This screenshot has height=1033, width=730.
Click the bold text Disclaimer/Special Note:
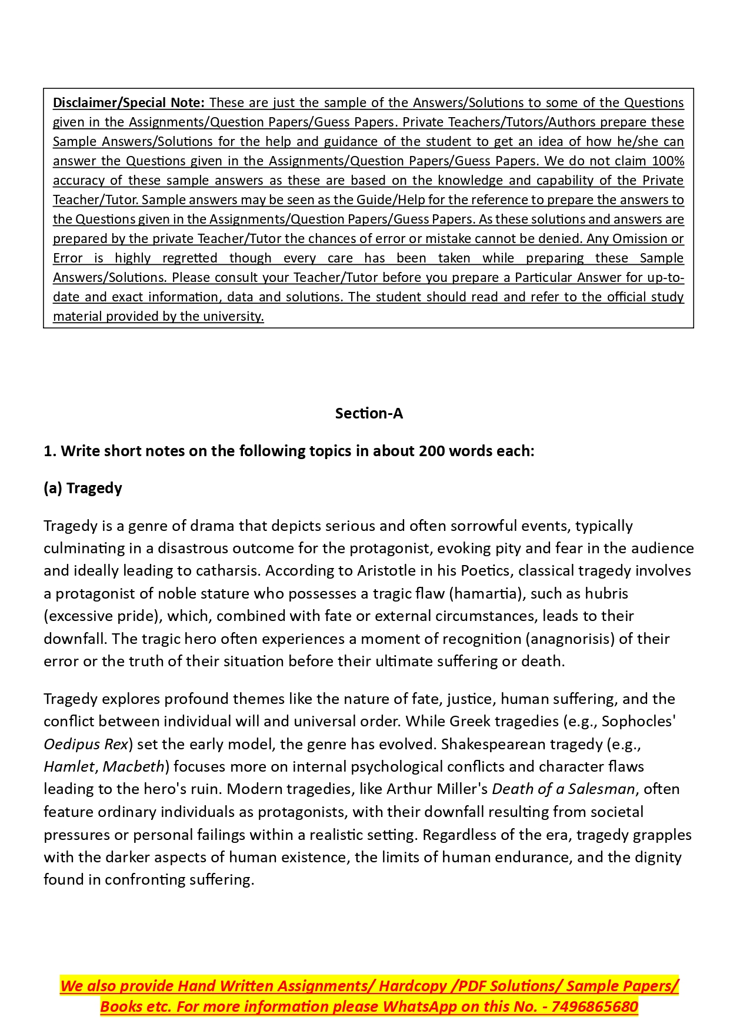pos(128,102)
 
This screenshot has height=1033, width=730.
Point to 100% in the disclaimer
pos(668,161)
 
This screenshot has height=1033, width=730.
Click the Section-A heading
pos(369,413)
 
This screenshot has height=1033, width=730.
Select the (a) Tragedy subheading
pos(83,488)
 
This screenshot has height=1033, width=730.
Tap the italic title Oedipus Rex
pos(86,744)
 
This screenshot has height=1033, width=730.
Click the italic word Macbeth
pos(134,766)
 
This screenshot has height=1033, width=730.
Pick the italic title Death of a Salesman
pos(564,789)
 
